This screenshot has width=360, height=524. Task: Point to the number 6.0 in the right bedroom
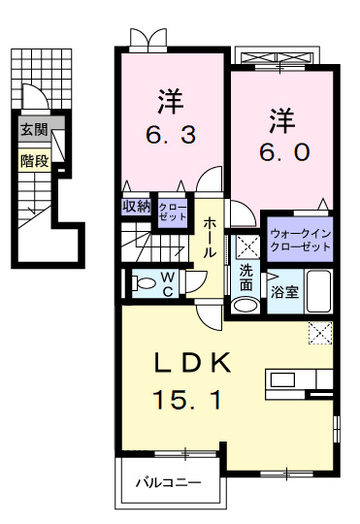click(x=284, y=151)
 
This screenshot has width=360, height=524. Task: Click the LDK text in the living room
click(x=193, y=363)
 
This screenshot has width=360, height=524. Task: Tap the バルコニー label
click(x=167, y=481)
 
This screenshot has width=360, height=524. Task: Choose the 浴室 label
click(x=284, y=291)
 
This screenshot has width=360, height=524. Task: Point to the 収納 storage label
click(x=136, y=206)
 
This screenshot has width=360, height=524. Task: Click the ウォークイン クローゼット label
click(x=300, y=240)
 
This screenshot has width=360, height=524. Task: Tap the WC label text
click(x=168, y=282)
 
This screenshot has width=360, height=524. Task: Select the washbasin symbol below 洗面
click(x=245, y=305)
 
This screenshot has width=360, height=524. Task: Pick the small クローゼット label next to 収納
click(x=172, y=212)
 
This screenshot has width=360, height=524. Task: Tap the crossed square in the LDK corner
click(x=319, y=332)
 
